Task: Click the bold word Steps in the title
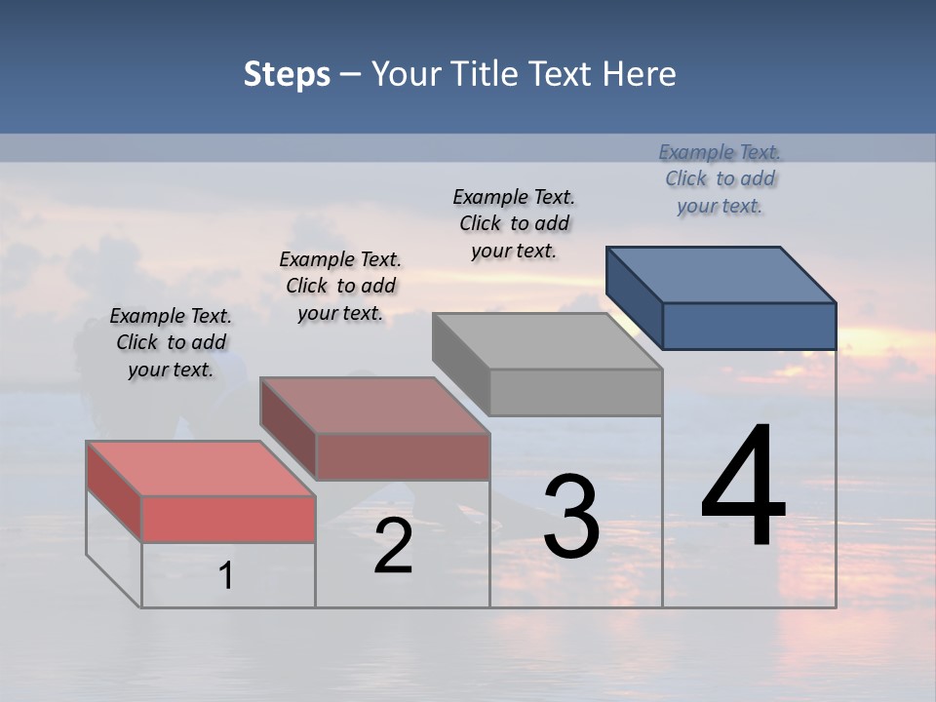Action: pyautogui.click(x=287, y=74)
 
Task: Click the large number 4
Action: pyautogui.click(x=743, y=487)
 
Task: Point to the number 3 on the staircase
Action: pyautogui.click(x=571, y=516)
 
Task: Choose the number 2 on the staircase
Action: pyautogui.click(x=394, y=546)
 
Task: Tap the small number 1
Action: pyautogui.click(x=226, y=575)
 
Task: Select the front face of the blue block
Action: pyautogui.click(x=749, y=326)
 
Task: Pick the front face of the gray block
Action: pyautogui.click(x=575, y=392)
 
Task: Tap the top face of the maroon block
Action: pyautogui.click(x=374, y=405)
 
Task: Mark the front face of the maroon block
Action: pyautogui.click(x=403, y=456)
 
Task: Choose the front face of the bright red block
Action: pyautogui.click(x=228, y=519)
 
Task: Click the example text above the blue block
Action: pyautogui.click(x=720, y=178)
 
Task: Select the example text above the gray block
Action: pyautogui.click(x=514, y=223)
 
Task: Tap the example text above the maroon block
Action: pyautogui.click(x=340, y=286)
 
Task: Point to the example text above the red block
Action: pyautogui.click(x=171, y=342)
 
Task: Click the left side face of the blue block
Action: pyautogui.click(x=634, y=296)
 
